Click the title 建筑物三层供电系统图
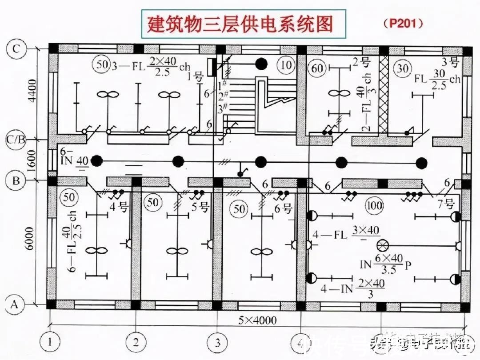[240, 24]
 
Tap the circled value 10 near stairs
[286, 65]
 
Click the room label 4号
[117, 206]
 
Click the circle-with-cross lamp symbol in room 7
[381, 246]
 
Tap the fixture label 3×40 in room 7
[366, 230]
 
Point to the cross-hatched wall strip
[383, 96]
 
